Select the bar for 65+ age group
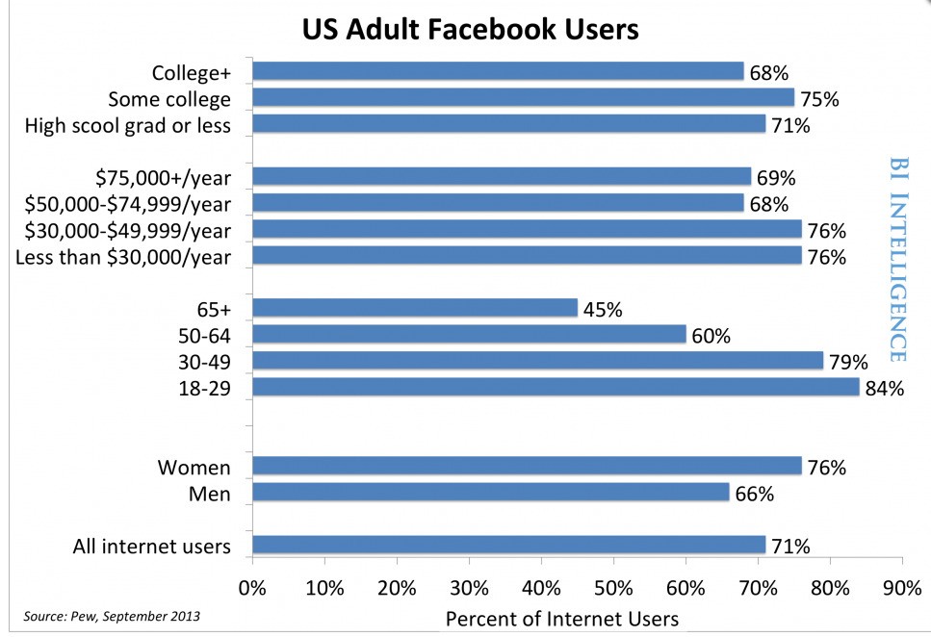click(415, 308)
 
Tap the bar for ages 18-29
click(556, 387)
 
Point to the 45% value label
click(603, 310)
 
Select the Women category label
click(194, 468)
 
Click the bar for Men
click(491, 493)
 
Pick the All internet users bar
click(508, 546)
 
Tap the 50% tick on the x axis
click(613, 586)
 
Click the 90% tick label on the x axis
click(901, 586)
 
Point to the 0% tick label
click(252, 586)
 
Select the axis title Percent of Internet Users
click(561, 618)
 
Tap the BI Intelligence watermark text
click(897, 260)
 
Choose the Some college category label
click(169, 99)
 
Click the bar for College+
click(498, 71)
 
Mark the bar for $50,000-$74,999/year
click(498, 203)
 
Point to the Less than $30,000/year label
click(123, 257)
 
